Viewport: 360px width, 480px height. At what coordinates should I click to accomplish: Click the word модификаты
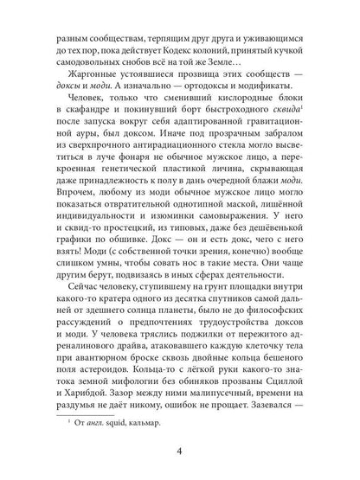click(279, 98)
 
